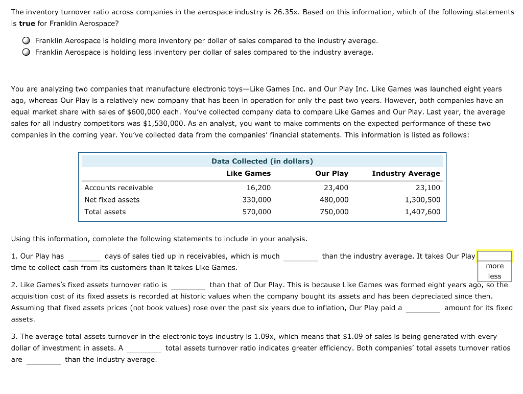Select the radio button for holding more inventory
click(x=25, y=40)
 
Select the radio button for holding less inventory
click(x=25, y=52)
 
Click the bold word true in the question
click(x=27, y=23)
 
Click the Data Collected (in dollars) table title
click(x=262, y=161)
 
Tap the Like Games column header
click(x=248, y=173)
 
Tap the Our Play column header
click(x=331, y=173)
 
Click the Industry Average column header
click(x=406, y=173)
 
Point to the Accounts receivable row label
click(x=118, y=188)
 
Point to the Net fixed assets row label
click(x=112, y=200)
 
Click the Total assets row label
click(x=105, y=212)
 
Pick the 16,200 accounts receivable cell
click(x=258, y=188)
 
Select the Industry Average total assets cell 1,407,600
click(x=422, y=212)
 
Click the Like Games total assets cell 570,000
click(x=256, y=212)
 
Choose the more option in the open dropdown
click(x=494, y=266)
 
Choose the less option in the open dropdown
click(x=494, y=276)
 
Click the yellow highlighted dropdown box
click(x=494, y=256)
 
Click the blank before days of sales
click(x=84, y=257)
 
